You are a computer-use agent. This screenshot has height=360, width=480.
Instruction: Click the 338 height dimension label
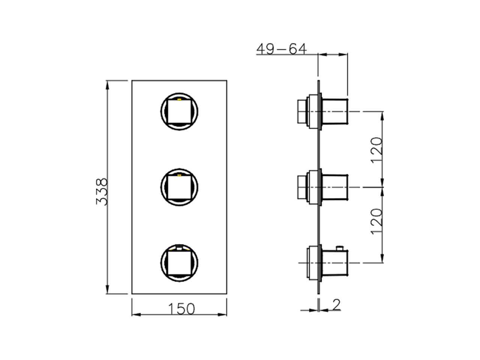(x=102, y=191)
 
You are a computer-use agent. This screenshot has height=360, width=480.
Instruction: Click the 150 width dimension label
(x=181, y=309)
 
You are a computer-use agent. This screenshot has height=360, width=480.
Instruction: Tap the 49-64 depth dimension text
(x=281, y=49)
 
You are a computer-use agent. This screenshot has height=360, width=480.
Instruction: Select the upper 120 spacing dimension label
(x=377, y=150)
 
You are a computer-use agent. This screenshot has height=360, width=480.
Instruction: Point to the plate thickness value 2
(x=336, y=305)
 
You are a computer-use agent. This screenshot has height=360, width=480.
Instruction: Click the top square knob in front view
(x=179, y=111)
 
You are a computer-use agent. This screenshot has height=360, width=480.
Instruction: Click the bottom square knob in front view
(x=179, y=262)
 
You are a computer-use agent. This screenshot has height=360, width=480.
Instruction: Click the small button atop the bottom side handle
(x=340, y=247)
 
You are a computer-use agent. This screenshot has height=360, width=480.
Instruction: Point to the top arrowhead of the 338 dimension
(x=107, y=85)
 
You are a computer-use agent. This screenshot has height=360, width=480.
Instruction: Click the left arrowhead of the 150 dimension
(x=136, y=314)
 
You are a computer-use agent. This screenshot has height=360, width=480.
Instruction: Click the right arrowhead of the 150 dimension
(x=223, y=314)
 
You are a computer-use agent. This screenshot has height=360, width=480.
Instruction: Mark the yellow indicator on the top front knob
(x=179, y=100)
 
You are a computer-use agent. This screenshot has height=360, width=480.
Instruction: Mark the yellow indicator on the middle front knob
(x=179, y=175)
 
